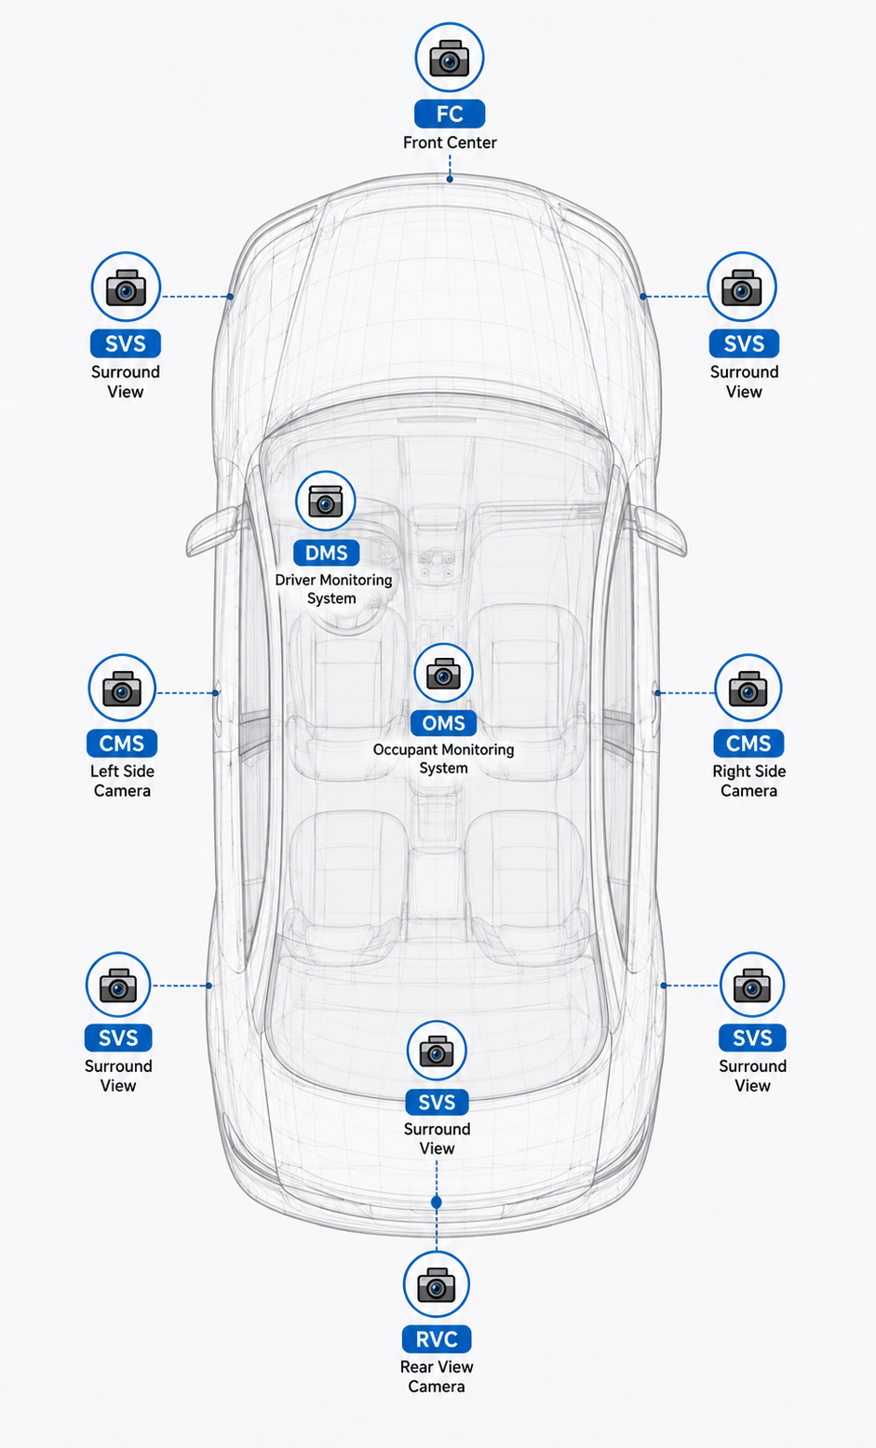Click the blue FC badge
pos(450,114)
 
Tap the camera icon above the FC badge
pos(450,58)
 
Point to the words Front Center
pos(450,142)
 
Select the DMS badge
pos(326,553)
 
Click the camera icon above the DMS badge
pos(325,501)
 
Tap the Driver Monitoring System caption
pos(333,589)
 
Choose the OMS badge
pos(443,723)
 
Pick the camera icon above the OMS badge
pos(443,673)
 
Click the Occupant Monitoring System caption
pos(443,758)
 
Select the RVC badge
pos(437,1339)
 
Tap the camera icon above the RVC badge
pos(437,1284)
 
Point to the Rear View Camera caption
pos(437,1376)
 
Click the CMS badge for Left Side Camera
pos(122,744)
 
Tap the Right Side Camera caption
pos(748,781)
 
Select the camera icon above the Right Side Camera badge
pos(748,688)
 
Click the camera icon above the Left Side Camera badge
pos(122,688)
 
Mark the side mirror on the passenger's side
pos(661,530)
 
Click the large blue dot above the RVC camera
pos(437,1202)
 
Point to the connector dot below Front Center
pos(450,179)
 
